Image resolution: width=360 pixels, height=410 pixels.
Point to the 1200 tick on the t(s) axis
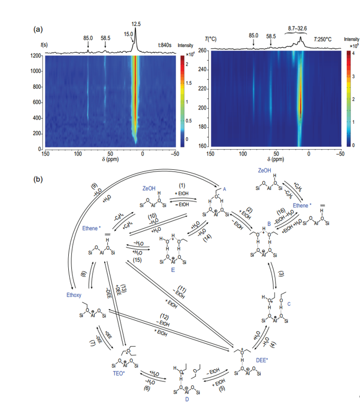pos(36,56)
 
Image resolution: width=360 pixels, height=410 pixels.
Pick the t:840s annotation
pos(166,45)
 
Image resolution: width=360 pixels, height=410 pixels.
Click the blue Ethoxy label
pos(73,295)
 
